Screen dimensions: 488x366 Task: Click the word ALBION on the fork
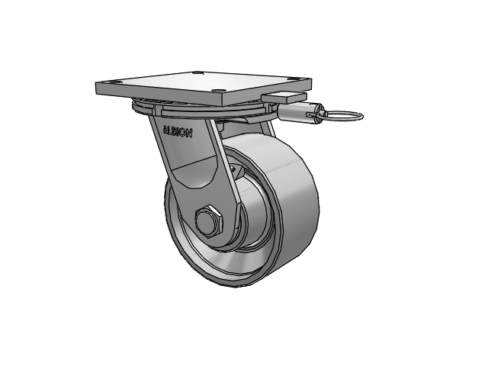pos(178,132)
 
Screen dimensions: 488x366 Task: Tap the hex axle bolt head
pos(208,220)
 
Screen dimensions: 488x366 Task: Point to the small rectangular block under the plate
pos(284,97)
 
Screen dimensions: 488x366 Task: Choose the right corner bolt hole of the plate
pos(299,79)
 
